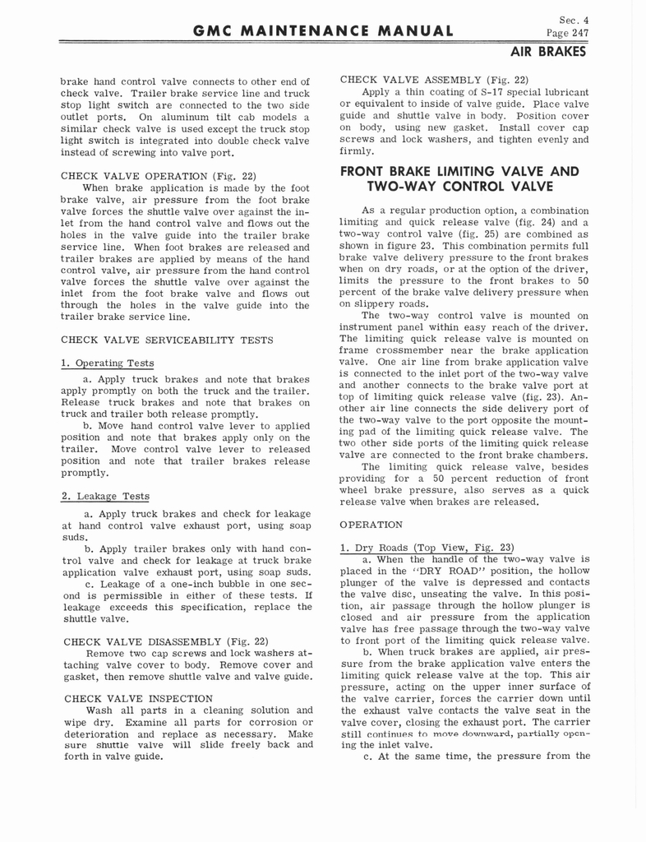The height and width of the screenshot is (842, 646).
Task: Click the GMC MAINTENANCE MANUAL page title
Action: [x=322, y=32]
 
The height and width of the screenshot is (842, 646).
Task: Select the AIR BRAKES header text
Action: [x=548, y=52]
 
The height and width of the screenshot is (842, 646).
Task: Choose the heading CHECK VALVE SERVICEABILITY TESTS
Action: [x=154, y=339]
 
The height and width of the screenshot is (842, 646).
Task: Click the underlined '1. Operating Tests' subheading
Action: [x=107, y=363]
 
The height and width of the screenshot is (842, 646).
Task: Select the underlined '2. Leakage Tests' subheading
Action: [x=105, y=496]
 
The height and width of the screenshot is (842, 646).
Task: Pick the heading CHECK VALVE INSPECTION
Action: [x=135, y=698]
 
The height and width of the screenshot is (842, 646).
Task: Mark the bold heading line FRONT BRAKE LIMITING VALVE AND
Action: [x=459, y=172]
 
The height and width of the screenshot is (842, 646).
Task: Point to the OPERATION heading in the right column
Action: [x=371, y=524]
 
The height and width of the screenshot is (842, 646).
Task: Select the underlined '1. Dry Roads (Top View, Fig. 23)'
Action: [x=427, y=548]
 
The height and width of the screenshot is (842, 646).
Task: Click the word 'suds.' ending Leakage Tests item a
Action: [x=75, y=537]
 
